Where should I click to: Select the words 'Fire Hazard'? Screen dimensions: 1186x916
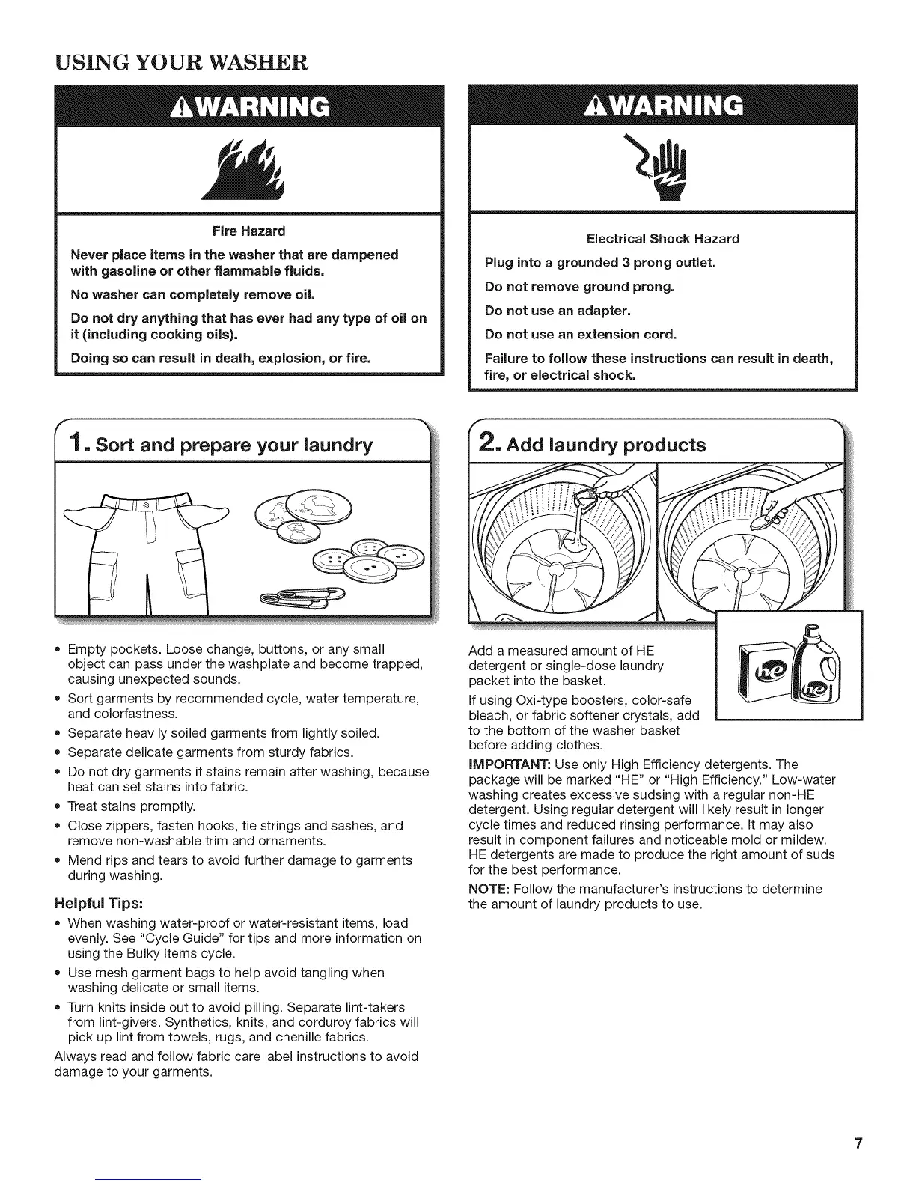point(249,231)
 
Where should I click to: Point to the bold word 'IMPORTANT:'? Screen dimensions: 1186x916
point(510,764)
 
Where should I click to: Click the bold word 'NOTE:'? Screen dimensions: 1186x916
point(489,889)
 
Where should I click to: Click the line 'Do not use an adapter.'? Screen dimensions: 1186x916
point(558,310)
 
